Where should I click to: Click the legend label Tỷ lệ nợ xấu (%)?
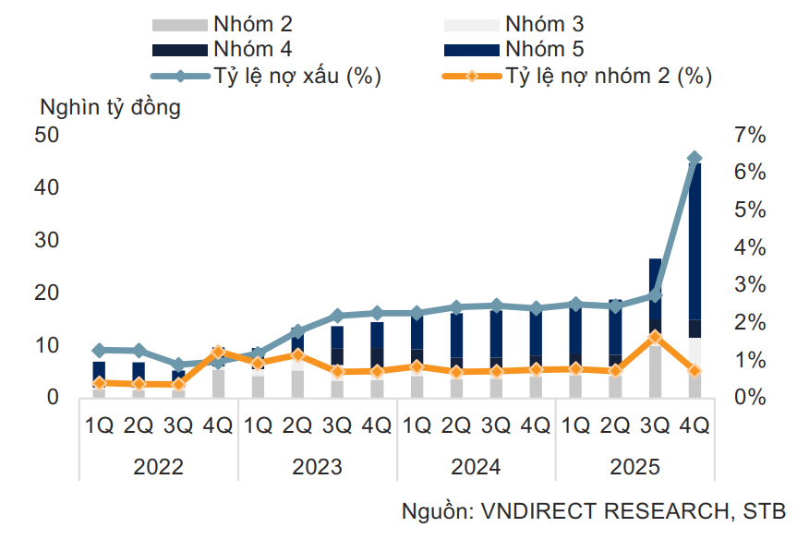coord(296,76)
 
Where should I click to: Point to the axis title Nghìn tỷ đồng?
coord(110,106)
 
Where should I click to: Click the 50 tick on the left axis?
coord(47,135)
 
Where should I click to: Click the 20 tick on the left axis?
coord(47,293)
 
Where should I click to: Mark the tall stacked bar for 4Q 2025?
coord(694,277)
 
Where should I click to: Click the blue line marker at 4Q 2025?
coord(694,159)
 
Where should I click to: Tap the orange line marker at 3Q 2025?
coord(655,337)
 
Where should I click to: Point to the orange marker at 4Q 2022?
coord(218,352)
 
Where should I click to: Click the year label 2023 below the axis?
coord(317,467)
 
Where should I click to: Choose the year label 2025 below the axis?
coord(634,467)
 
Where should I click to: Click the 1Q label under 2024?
coord(417,425)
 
